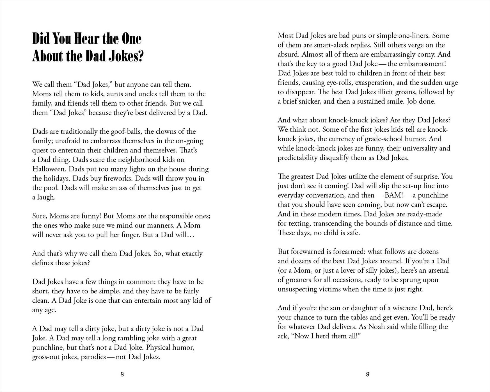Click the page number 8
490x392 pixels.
pyautogui.click(x=122, y=374)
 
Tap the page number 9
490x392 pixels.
pyautogui.click(x=368, y=374)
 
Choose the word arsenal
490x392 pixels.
pyautogui.click(x=436, y=270)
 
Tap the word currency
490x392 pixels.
pyautogui.click(x=341, y=139)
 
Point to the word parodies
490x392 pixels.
pyautogui.click(x=93, y=357)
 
